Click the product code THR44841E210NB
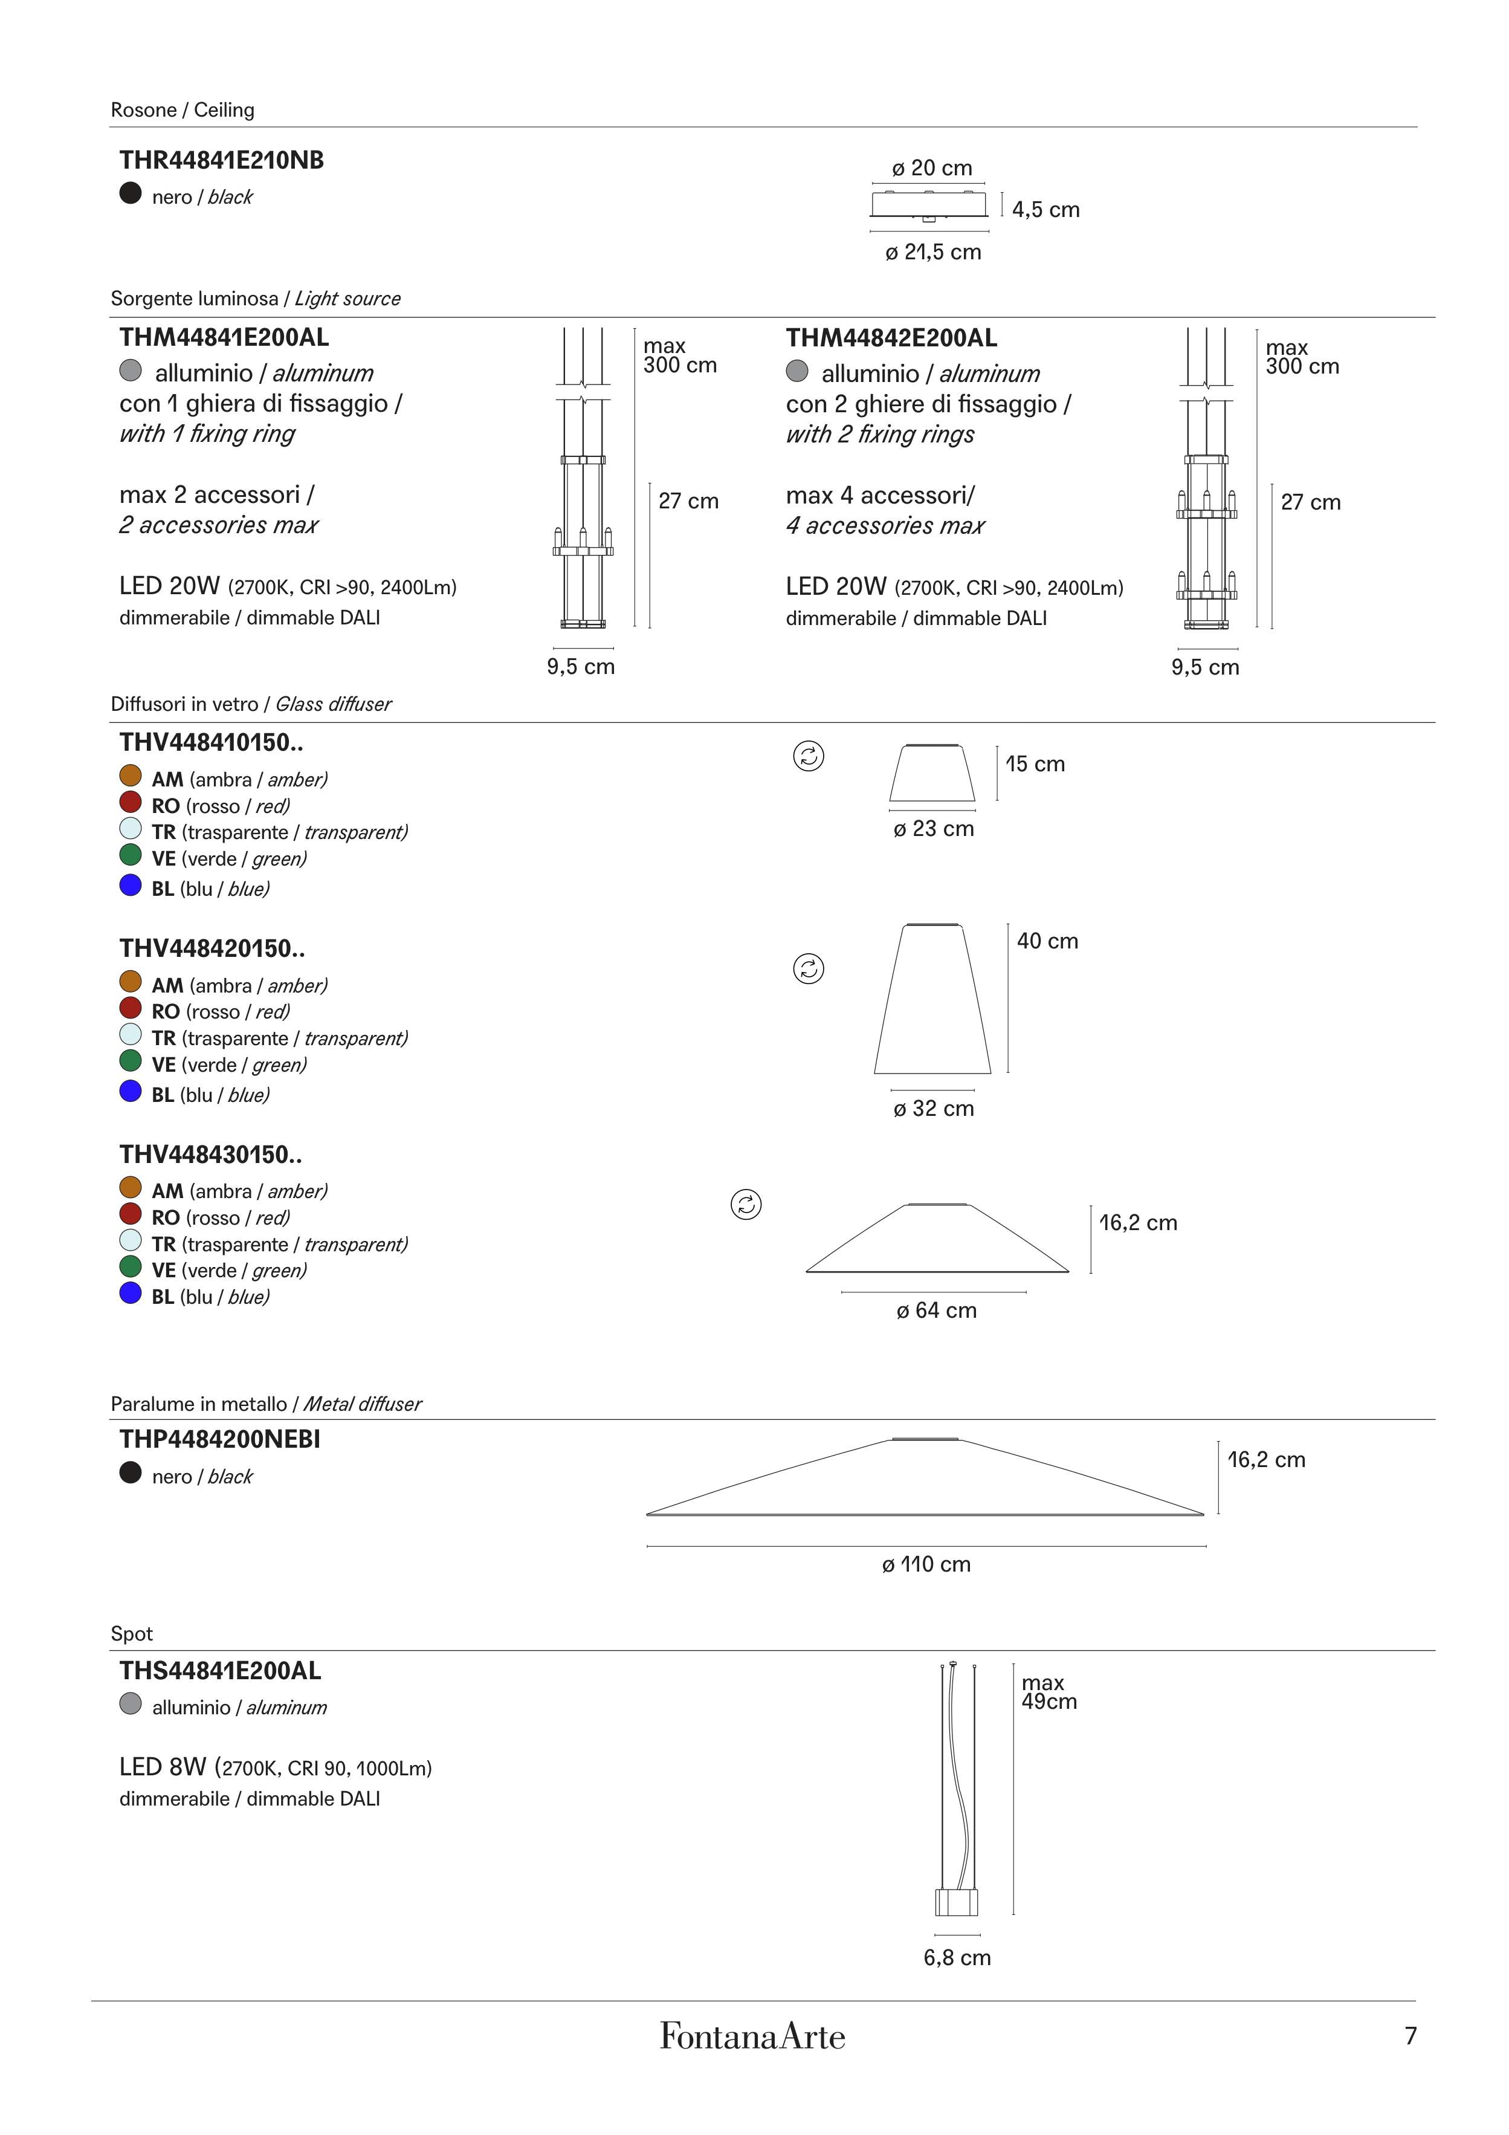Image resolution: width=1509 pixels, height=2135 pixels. coord(221,160)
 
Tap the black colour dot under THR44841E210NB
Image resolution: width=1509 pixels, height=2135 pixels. coord(130,193)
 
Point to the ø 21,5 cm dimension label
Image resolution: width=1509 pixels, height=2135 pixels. coord(932,252)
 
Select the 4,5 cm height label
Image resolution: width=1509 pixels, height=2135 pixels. coord(1045,210)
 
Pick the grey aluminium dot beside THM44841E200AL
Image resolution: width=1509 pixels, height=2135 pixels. coord(130,371)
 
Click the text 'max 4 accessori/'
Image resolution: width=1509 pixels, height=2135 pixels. coord(879,496)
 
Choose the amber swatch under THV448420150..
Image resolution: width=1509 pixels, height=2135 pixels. coord(130,982)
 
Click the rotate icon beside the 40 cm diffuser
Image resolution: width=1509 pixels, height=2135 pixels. coord(808,969)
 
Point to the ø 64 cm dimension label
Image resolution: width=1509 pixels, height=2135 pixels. coord(936,1310)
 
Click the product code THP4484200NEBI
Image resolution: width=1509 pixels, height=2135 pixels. coord(219,1439)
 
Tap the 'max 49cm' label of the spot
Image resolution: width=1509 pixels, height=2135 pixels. coord(1049,1693)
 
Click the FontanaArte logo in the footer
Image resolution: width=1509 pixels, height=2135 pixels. coord(752,2036)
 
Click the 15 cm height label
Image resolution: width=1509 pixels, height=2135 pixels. coord(1035,765)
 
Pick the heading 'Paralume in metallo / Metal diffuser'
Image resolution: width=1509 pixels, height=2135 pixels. coord(266,1404)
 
